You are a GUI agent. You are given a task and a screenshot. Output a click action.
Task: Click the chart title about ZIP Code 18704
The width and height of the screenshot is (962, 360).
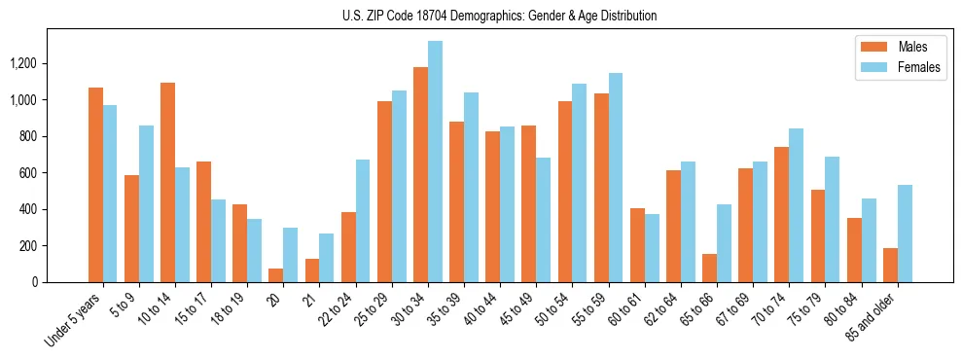click(500, 16)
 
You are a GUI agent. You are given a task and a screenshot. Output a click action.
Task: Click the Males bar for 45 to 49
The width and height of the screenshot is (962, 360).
click(529, 204)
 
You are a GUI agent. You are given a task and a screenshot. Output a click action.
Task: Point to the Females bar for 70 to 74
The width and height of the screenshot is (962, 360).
click(797, 205)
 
